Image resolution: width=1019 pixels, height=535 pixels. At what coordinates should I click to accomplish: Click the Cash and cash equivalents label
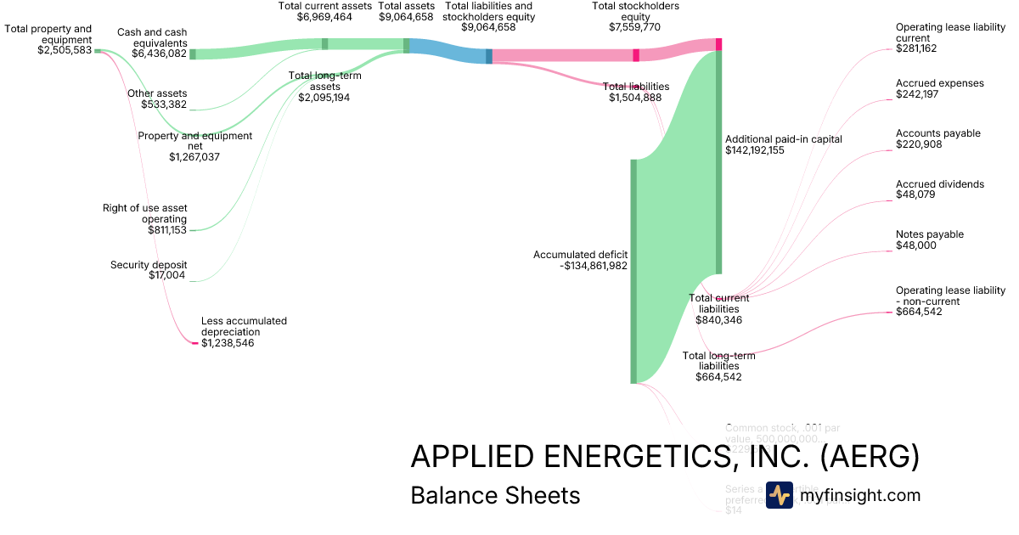pos(152,37)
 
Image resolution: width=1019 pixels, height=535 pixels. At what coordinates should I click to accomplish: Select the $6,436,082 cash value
pos(159,53)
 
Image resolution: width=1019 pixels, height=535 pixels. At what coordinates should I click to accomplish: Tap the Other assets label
pos(157,93)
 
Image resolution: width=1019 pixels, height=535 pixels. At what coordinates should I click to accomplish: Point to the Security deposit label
pos(149,265)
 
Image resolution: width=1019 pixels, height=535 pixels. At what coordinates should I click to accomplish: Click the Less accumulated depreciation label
pos(244,326)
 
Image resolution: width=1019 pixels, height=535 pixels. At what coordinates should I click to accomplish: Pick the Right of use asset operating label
pos(145,213)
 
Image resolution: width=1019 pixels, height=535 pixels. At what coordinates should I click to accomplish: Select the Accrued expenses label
pos(940,83)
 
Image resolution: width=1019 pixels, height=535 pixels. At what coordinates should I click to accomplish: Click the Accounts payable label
pos(938,133)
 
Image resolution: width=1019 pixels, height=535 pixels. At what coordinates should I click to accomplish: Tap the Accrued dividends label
pos(940,184)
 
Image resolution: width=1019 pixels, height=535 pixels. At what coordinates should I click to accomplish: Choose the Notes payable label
pos(930,234)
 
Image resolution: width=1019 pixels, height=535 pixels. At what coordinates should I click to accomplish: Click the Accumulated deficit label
pos(581,255)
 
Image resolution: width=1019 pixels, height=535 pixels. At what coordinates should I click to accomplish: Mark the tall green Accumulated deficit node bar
pos(633,272)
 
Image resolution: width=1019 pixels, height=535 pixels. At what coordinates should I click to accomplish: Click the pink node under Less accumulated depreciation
pos(194,343)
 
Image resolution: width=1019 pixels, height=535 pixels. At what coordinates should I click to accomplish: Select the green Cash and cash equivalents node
pos(192,53)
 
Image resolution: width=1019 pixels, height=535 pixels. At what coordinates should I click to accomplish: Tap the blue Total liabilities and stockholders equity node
pos(489,56)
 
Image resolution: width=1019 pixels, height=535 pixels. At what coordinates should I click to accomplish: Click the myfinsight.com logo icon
pos(780,495)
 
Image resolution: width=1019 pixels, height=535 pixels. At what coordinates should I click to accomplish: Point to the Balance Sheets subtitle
pos(495,495)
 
